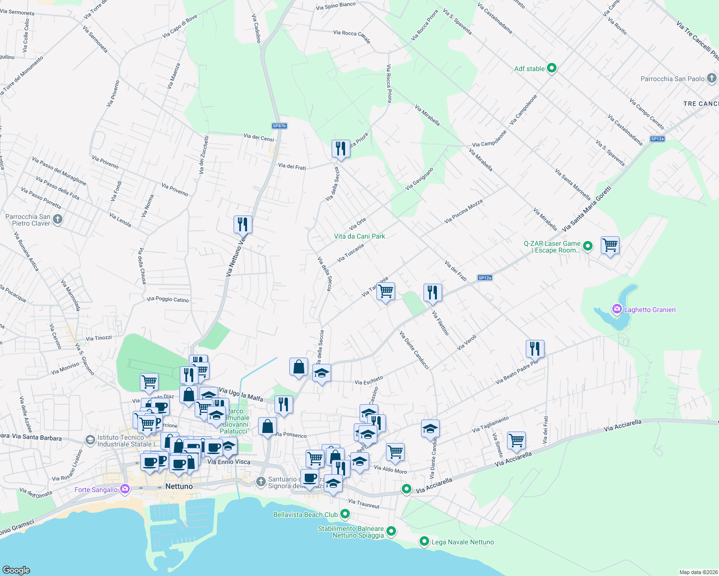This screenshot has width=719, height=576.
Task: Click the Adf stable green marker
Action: tap(552, 68)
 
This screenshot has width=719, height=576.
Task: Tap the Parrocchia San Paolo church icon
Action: tap(712, 78)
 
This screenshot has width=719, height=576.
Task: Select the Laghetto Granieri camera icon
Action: tap(617, 309)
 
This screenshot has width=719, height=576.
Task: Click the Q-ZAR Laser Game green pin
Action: tap(587, 246)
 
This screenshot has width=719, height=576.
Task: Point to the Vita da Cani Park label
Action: tap(359, 236)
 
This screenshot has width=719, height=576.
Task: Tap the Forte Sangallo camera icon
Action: tap(125, 489)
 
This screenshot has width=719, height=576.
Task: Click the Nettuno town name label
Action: tap(179, 486)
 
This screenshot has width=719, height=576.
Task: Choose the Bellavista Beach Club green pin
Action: tap(345, 514)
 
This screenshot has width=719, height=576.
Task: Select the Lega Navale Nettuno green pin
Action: tap(424, 541)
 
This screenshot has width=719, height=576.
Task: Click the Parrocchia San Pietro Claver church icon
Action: tap(58, 219)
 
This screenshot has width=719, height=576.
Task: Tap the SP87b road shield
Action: tap(279, 126)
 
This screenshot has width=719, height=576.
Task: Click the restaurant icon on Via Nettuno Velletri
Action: tap(243, 224)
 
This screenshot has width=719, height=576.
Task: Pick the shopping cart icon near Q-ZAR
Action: tap(610, 245)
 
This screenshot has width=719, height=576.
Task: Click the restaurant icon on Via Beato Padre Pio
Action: tap(535, 348)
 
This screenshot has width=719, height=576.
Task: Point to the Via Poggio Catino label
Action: tap(168, 300)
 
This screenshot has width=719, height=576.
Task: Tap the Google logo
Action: tap(16, 570)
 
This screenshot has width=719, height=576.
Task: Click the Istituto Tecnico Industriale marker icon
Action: tap(90, 440)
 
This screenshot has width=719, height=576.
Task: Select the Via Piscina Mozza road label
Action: tap(463, 212)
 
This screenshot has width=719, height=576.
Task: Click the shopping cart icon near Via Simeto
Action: tap(516, 440)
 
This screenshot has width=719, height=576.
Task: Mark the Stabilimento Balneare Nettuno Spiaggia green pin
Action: tap(391, 531)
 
